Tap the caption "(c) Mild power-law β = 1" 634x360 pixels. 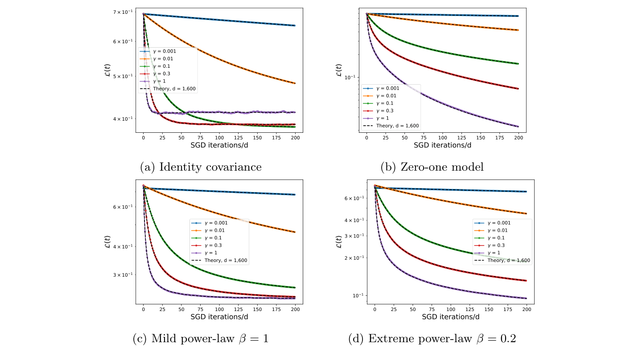coord(201,339)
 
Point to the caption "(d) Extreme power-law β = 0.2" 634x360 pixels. coord(432,339)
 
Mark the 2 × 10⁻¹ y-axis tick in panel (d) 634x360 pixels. coord(353,258)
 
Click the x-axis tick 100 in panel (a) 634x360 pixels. coord(219,139)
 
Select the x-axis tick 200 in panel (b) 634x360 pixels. coord(519,139)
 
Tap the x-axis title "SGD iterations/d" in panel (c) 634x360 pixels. coord(219,317)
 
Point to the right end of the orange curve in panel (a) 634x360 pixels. coord(295,83)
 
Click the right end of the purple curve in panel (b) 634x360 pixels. coord(518,127)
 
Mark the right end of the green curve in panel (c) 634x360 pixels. coord(295,287)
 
